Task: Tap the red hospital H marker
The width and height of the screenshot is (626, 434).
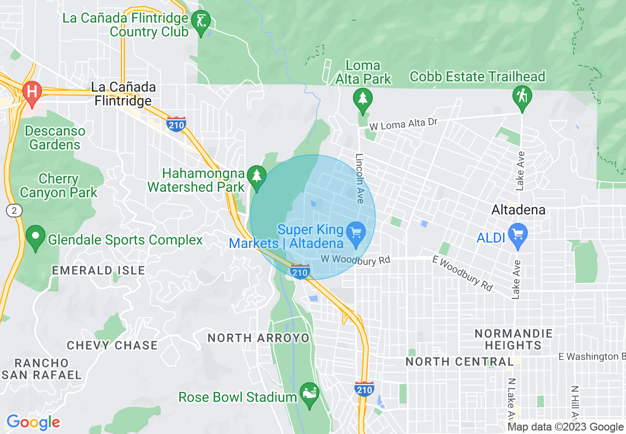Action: (x=32, y=92)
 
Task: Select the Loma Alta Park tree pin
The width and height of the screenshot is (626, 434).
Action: (x=363, y=99)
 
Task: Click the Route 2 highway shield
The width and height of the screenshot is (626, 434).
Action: (x=14, y=211)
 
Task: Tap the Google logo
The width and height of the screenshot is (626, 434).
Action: (x=33, y=422)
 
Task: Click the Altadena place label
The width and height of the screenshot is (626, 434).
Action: (x=518, y=210)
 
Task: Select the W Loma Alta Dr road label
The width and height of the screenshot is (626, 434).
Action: (x=403, y=124)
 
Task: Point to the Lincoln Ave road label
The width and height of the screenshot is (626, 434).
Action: (x=359, y=178)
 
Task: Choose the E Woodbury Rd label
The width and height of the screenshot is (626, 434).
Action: (x=463, y=274)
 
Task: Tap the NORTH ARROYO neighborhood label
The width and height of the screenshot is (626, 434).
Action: (x=258, y=338)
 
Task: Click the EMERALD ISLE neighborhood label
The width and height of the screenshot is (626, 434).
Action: (x=99, y=270)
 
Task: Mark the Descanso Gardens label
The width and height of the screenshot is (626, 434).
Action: (x=55, y=138)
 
